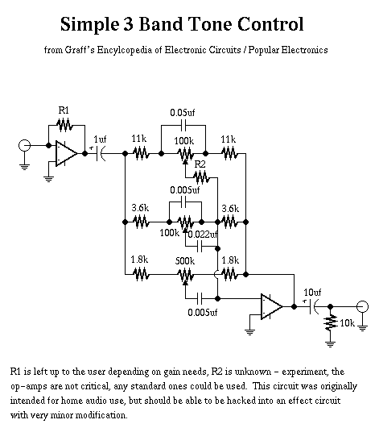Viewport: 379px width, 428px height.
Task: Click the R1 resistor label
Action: [64, 110]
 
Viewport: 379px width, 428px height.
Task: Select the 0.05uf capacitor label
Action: [183, 113]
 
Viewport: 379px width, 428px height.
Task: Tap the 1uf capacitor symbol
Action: [101, 154]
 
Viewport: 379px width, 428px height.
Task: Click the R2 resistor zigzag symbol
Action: [201, 177]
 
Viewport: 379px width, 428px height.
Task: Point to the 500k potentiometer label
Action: [185, 261]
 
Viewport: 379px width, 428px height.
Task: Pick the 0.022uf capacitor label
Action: [203, 235]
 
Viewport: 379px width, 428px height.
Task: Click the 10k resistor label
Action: [347, 323]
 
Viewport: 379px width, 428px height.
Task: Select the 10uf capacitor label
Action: [312, 293]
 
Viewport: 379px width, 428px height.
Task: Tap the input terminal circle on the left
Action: [24, 145]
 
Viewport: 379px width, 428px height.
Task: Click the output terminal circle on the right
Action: [362, 307]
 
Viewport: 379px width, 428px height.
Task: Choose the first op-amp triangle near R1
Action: [66, 154]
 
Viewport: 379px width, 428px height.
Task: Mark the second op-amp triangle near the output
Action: [271, 306]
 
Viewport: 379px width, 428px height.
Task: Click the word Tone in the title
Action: [209, 24]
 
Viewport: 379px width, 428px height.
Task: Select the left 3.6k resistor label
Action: [140, 208]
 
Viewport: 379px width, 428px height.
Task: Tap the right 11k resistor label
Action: [229, 139]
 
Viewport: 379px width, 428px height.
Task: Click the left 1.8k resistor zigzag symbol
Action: [141, 274]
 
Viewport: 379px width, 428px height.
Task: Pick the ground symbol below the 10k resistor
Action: [330, 344]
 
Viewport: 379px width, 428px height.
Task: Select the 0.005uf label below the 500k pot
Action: [203, 312]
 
